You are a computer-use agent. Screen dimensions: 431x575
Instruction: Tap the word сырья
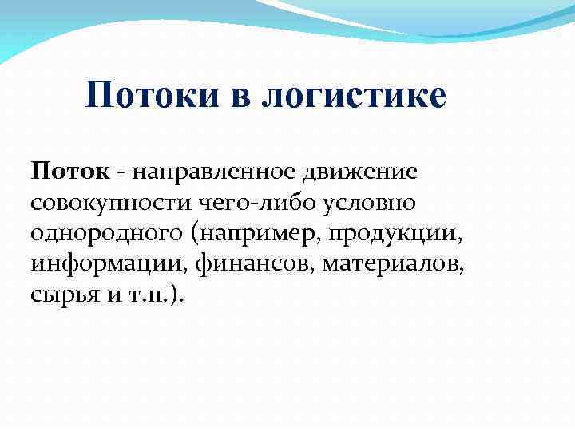pos(61,295)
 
